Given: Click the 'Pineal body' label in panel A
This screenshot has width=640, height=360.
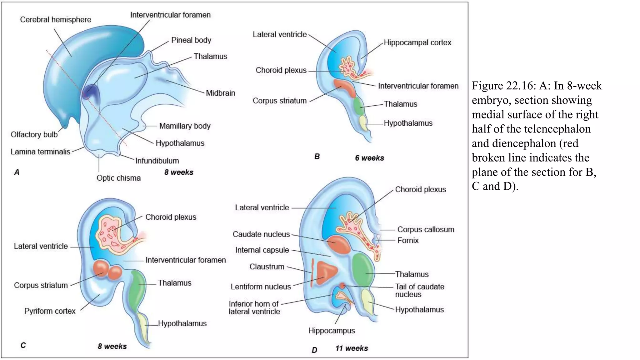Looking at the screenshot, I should [x=191, y=40].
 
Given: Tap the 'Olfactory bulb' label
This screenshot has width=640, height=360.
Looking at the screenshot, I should [x=34, y=135].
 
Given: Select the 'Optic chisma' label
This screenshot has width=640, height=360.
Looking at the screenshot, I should [x=118, y=178].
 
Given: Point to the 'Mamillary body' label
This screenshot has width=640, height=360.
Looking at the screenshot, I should [x=185, y=126].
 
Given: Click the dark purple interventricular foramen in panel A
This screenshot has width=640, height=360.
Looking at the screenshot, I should [x=90, y=92].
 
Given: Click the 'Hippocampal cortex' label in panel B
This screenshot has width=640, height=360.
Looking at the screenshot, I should [x=417, y=43].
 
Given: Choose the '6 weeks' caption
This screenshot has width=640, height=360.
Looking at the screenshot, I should [x=369, y=158].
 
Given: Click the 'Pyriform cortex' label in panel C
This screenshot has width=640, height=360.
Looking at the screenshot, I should [x=50, y=311].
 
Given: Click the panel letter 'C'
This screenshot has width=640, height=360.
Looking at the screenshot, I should [x=23, y=345].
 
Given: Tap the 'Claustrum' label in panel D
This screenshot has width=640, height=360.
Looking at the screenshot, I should [x=267, y=267].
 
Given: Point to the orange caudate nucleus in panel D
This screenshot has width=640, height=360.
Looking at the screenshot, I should [x=339, y=244].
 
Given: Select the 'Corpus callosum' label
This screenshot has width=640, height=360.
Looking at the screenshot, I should [x=425, y=230].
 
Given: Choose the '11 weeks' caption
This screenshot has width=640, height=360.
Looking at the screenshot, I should [x=352, y=348].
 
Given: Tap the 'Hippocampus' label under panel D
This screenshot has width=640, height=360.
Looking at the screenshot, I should [x=331, y=331].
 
